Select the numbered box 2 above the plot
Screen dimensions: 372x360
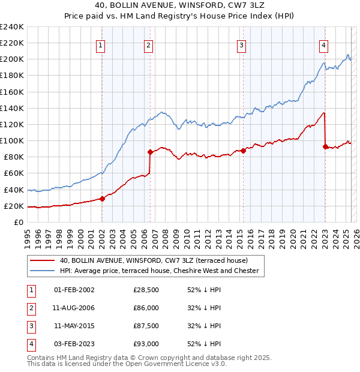[x=148, y=44]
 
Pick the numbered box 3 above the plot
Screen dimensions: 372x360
[x=241, y=44]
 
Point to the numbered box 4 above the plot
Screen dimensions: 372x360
[x=323, y=44]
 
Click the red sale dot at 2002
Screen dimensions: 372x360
[x=102, y=199]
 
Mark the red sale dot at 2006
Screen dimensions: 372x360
[x=150, y=152]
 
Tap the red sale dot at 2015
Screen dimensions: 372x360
[x=243, y=151]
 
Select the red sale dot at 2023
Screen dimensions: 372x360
[x=325, y=146]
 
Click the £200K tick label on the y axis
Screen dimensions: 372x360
[x=11, y=59]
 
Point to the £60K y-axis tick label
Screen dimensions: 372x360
[x=13, y=173]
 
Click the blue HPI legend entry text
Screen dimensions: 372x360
[x=159, y=271]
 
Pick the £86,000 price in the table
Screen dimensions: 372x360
[x=146, y=308]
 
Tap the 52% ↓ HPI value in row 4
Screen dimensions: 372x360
[x=204, y=344]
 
